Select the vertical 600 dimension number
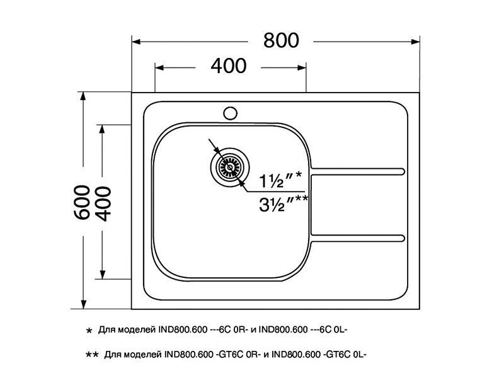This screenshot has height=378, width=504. pyautogui.click(x=82, y=202)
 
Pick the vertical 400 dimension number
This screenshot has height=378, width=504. pyautogui.click(x=102, y=202)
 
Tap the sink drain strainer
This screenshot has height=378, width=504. pyautogui.click(x=227, y=167)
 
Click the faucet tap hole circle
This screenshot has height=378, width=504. pyautogui.click(x=230, y=113)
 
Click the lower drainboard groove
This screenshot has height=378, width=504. pyautogui.click(x=359, y=238)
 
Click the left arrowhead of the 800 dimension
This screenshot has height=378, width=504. pyautogui.click(x=136, y=42)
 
